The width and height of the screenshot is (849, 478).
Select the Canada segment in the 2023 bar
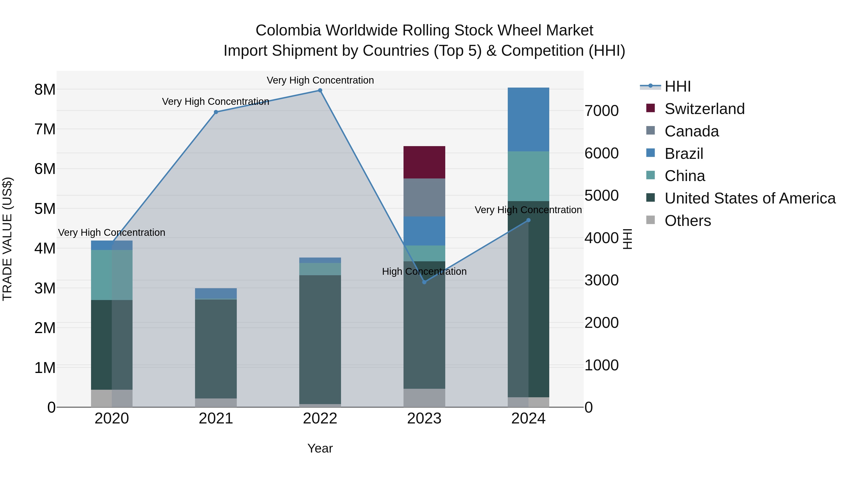tap(424, 197)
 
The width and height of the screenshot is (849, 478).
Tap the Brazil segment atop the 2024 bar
tap(528, 119)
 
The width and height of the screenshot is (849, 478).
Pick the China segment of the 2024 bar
tap(528, 176)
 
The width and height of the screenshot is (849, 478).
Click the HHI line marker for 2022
tap(320, 90)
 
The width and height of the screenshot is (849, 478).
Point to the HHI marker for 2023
tap(424, 282)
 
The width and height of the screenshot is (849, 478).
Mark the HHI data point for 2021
tap(216, 112)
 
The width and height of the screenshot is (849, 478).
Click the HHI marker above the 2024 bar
tap(528, 220)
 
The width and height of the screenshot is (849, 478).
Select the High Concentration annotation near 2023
tap(424, 271)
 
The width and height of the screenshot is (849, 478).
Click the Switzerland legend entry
tap(704, 109)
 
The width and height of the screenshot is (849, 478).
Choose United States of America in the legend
tap(750, 198)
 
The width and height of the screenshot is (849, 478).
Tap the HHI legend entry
tap(677, 86)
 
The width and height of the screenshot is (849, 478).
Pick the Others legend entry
tap(687, 221)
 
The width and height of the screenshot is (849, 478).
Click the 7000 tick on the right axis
tap(601, 111)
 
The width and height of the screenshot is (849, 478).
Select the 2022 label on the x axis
tap(320, 418)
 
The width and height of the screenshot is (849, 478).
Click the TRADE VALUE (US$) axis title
tap(7, 239)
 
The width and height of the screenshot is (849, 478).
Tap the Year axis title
tap(320, 448)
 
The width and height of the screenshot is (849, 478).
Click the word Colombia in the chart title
tap(288, 30)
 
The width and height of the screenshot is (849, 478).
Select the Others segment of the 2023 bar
tap(424, 398)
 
